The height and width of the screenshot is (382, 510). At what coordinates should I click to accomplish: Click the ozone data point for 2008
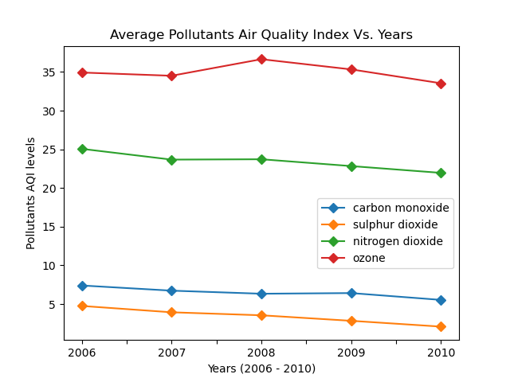(261, 59)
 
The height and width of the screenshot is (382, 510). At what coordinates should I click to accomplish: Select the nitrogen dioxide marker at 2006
(82, 149)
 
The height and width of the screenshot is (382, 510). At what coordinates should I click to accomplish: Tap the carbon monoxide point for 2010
(441, 300)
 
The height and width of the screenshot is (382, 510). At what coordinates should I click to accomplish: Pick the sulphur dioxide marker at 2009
(351, 321)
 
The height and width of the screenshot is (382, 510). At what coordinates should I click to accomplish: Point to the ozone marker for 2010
(441, 84)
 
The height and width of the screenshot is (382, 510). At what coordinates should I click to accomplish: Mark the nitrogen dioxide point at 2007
(171, 160)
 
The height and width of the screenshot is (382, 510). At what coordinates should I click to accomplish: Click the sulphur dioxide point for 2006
(82, 306)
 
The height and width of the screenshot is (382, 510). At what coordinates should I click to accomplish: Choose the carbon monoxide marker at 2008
(261, 294)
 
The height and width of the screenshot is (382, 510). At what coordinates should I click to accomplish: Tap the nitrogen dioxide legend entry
(398, 241)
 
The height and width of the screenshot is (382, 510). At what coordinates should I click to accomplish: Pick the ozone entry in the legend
(369, 258)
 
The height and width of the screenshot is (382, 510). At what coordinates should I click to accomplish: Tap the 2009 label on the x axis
(351, 353)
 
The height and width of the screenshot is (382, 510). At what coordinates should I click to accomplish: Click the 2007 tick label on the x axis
(171, 353)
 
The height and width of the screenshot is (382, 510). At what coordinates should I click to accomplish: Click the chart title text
(261, 35)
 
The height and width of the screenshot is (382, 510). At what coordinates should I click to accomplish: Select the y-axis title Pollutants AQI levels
(31, 193)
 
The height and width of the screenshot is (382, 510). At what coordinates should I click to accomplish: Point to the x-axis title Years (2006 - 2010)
(261, 368)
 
